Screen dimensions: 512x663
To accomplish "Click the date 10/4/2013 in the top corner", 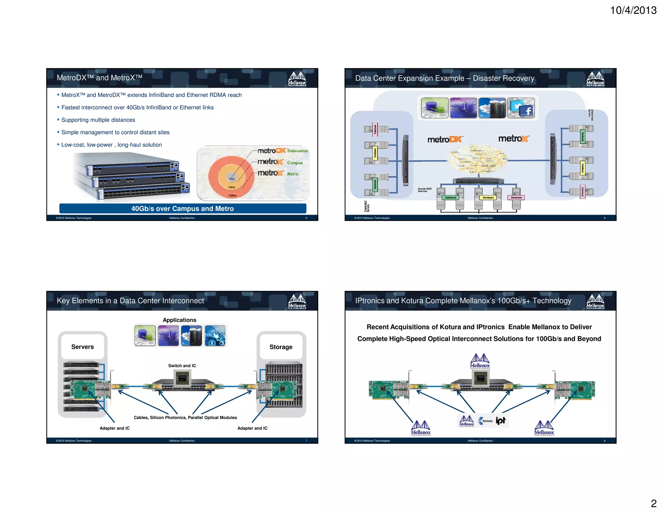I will (x=633, y=10).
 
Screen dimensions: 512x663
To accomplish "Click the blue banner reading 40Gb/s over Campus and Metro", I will (x=183, y=208).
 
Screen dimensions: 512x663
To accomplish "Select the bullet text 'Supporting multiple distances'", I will (x=98, y=120).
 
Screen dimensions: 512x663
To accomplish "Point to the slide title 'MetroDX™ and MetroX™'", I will (x=99, y=78).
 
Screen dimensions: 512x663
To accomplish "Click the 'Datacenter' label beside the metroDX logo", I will (x=298, y=151).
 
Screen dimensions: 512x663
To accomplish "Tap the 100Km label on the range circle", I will (x=232, y=195).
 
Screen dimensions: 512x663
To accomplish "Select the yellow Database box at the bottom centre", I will (x=488, y=197).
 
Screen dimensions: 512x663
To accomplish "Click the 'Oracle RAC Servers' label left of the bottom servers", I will (x=424, y=190).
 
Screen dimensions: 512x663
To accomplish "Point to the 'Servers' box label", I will (x=83, y=347).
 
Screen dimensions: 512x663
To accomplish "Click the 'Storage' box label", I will (x=281, y=347).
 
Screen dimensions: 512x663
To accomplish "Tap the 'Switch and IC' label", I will (x=182, y=366).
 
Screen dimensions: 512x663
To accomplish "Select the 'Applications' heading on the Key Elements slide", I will (x=179, y=320).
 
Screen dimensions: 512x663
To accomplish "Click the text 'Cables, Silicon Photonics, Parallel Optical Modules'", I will (x=185, y=417).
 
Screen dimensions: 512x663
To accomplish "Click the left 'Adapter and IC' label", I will (x=115, y=428).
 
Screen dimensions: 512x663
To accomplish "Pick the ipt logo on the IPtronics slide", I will (x=500, y=420).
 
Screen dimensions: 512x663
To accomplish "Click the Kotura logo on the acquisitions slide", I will (x=485, y=421).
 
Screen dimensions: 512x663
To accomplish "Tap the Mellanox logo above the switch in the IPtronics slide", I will (x=480, y=361).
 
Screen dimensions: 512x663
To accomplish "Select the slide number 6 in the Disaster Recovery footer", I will (x=604, y=218).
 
